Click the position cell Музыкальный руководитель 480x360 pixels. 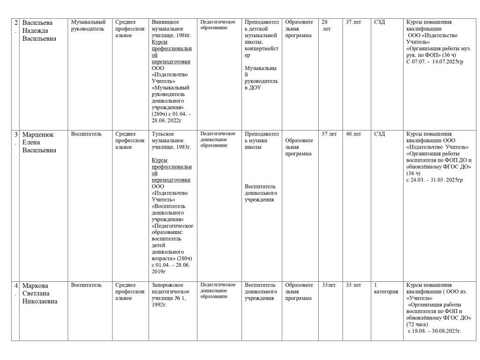coord(89,25)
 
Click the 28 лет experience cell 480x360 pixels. coord(326,25)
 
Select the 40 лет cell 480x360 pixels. coord(353,134)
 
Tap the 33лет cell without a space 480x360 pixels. coord(329,285)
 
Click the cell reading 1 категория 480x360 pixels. coord(385,288)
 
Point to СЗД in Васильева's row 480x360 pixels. coord(379,22)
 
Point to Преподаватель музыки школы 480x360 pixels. coord(262,140)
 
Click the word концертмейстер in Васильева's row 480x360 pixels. coord(262,52)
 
